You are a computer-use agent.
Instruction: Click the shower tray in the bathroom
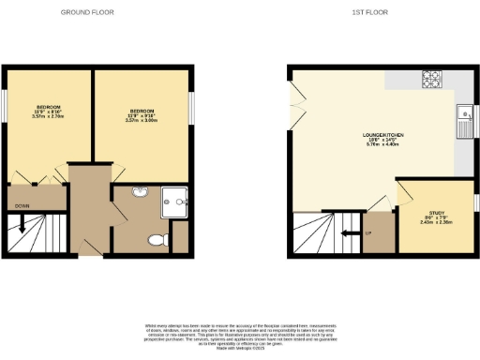click(174, 199)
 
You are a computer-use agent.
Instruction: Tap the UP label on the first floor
click(368, 231)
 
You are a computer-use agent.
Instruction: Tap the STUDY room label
click(438, 217)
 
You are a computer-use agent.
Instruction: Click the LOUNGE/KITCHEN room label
click(384, 138)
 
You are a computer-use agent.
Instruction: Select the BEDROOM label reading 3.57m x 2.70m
click(49, 112)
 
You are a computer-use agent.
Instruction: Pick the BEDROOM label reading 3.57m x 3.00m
click(143, 115)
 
